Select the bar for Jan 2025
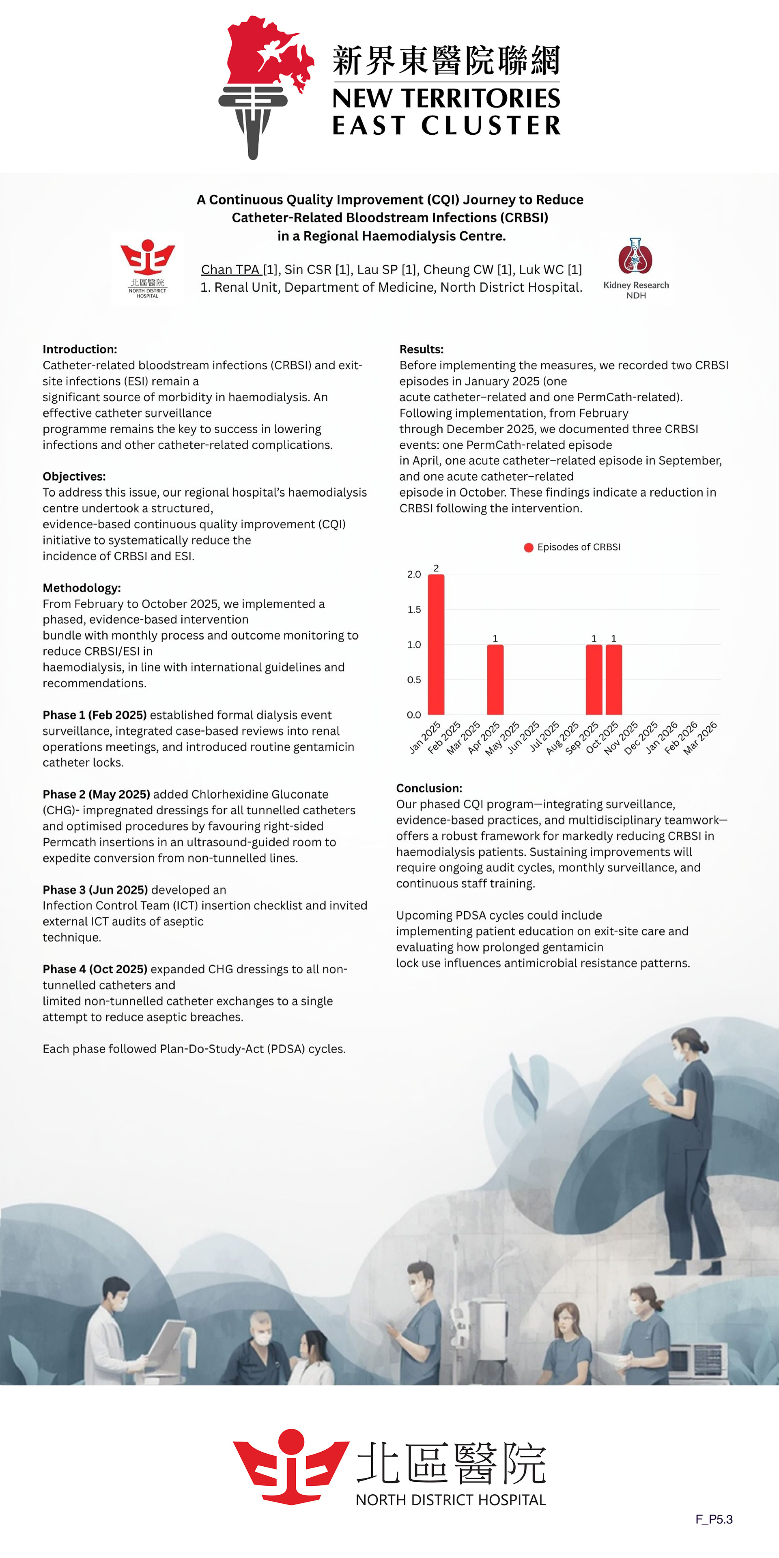(436, 645)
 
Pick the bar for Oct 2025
(613, 680)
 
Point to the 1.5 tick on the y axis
(414, 610)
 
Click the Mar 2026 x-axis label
(700, 738)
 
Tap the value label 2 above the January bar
(436, 568)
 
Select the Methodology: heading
(82, 588)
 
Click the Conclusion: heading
(429, 788)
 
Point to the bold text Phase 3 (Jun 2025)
(95, 890)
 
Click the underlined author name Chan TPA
(230, 270)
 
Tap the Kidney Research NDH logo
(636, 267)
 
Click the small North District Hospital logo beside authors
(148, 268)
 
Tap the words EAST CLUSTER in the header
(446, 125)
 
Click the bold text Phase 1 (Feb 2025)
(95, 715)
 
